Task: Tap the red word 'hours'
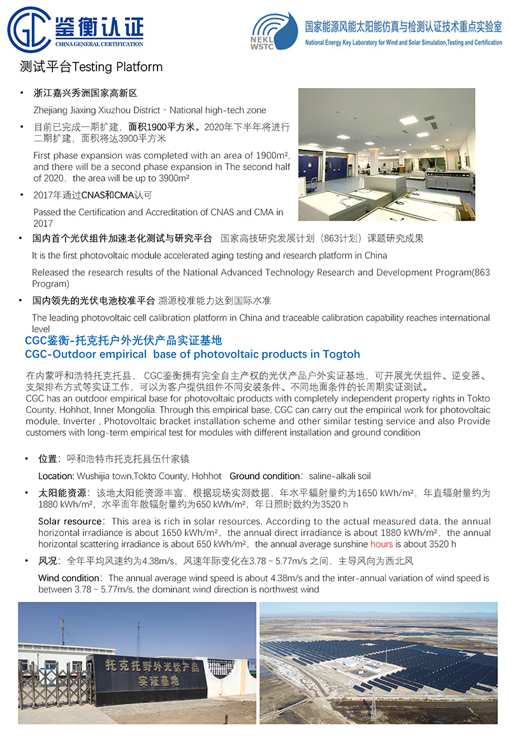381,544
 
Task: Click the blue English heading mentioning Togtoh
192,354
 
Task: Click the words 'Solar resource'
70,521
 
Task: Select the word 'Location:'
56,476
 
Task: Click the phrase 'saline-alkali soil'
340,476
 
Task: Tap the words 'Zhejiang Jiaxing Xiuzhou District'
98,110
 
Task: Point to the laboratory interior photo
386,154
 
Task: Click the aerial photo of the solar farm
378,663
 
